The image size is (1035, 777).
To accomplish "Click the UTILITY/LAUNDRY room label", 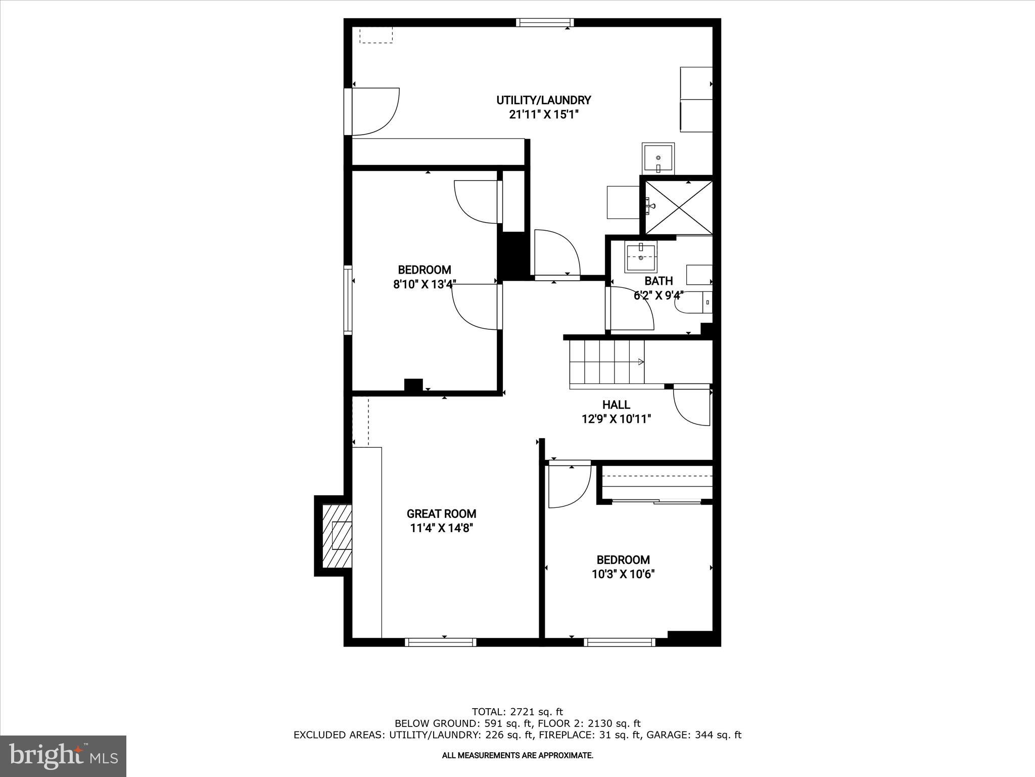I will pos(543,100).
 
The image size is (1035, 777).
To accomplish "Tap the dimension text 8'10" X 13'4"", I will pos(425,284).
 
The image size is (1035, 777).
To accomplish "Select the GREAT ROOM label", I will pos(441,514).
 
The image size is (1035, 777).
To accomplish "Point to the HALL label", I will pos(616,405).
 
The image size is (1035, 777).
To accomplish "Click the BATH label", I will pos(658,281).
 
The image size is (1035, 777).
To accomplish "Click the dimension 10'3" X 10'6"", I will pos(623,574).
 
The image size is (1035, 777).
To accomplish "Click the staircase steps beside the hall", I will pos(606,362).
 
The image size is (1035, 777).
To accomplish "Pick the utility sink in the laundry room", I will pos(658,158).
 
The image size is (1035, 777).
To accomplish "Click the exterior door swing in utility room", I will pos(374,112).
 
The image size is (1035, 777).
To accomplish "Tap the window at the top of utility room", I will pos(545,22).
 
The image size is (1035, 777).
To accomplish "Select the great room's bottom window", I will pos(441,642).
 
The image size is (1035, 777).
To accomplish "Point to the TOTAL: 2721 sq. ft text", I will pos(517,712).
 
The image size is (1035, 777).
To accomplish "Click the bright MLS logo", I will pos(63,756).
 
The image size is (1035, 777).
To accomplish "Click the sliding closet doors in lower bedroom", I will pos(656,501).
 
